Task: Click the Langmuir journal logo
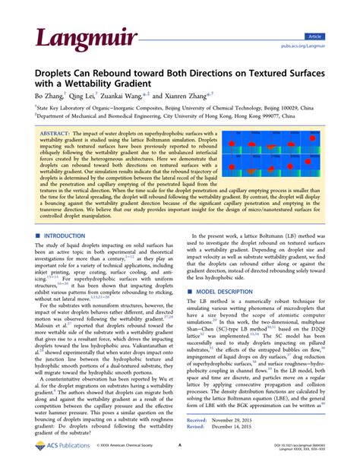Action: tap(72, 36)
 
